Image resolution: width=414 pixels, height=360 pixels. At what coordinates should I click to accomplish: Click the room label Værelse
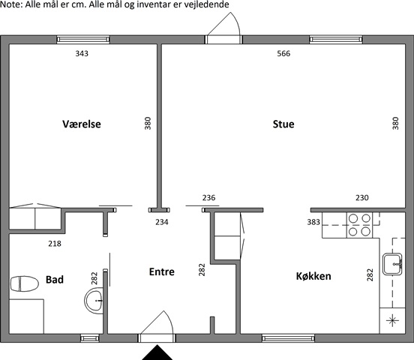pos(82,124)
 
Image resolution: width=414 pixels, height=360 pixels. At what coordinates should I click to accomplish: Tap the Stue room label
pos(283,124)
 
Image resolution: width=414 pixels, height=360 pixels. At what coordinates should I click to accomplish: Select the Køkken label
pos(313,276)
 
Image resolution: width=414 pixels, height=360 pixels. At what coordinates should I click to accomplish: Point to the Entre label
pos(161,271)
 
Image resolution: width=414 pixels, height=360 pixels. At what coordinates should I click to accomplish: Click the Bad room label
pos(55,280)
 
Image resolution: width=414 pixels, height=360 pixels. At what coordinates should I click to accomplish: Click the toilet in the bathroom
pos(24,283)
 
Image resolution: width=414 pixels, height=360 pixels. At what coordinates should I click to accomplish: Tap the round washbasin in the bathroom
pos(94,301)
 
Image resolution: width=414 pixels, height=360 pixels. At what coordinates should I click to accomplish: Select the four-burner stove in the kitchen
pos(359,225)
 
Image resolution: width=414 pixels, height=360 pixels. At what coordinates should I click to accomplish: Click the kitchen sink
pos(392,264)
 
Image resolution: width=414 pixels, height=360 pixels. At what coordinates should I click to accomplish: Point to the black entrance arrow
pos(157,352)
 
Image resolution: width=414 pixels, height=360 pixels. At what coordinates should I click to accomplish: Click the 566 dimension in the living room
pos(283,53)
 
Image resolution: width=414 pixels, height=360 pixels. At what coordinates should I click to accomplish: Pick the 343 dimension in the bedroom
pos(82,53)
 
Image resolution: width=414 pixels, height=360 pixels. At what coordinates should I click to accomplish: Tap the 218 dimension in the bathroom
pos(55,243)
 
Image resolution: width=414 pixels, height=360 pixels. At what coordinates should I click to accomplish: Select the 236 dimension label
pos(208,197)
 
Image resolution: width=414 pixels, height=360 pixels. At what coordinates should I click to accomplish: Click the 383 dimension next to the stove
pos(313,222)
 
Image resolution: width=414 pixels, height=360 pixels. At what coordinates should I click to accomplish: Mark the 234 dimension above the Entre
pos(161,222)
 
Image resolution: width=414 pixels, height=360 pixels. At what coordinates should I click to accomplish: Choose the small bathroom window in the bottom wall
pos(90,338)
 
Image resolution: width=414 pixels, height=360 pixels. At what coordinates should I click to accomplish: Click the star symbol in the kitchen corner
pos(392,321)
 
